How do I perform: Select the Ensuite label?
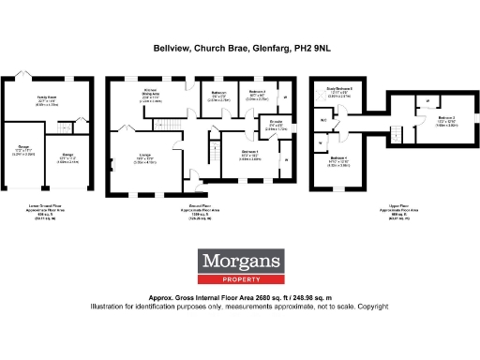[x=277, y=121]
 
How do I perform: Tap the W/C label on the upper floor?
[x=323, y=121]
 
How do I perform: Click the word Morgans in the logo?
[x=239, y=261]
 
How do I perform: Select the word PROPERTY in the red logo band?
[x=239, y=278]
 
